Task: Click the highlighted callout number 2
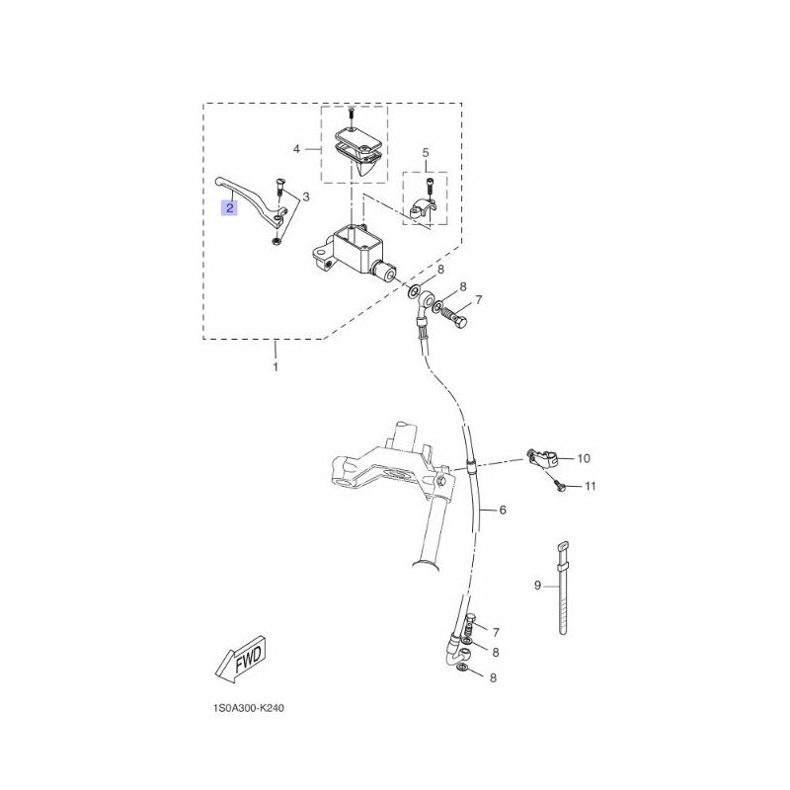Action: (x=230, y=207)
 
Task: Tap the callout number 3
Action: (x=305, y=196)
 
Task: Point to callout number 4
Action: (x=297, y=149)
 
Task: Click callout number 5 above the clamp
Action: (x=426, y=152)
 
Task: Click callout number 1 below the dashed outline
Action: (x=276, y=367)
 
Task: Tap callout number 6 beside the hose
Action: (x=503, y=511)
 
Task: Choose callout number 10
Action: (x=584, y=458)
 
